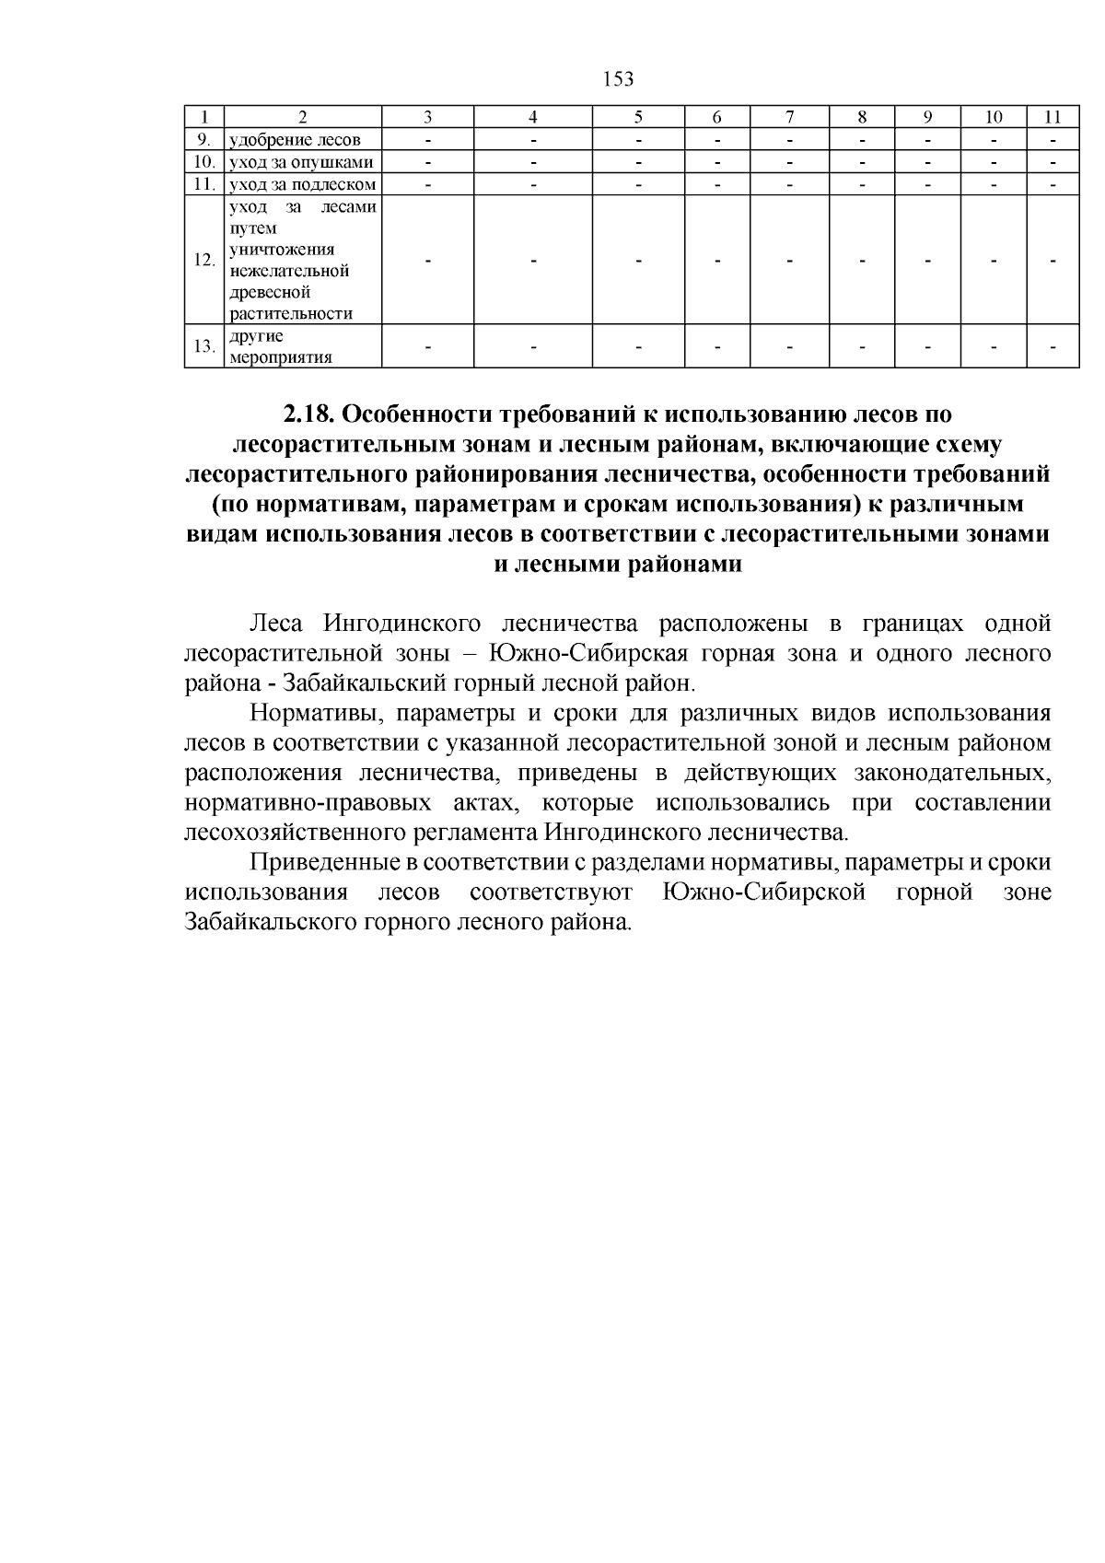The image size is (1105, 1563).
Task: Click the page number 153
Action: point(619,79)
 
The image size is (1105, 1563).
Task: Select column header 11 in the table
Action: point(1053,117)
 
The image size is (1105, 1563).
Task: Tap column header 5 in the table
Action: point(638,117)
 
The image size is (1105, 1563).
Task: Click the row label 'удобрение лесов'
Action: point(294,140)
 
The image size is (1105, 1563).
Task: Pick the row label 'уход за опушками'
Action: point(301,162)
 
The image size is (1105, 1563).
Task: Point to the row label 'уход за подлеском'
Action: point(302,184)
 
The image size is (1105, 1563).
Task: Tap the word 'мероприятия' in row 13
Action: point(280,357)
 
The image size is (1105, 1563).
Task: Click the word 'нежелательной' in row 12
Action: point(289,271)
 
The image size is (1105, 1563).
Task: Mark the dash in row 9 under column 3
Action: point(427,140)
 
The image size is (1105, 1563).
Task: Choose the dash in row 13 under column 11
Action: point(1053,347)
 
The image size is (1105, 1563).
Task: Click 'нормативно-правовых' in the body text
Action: point(308,802)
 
